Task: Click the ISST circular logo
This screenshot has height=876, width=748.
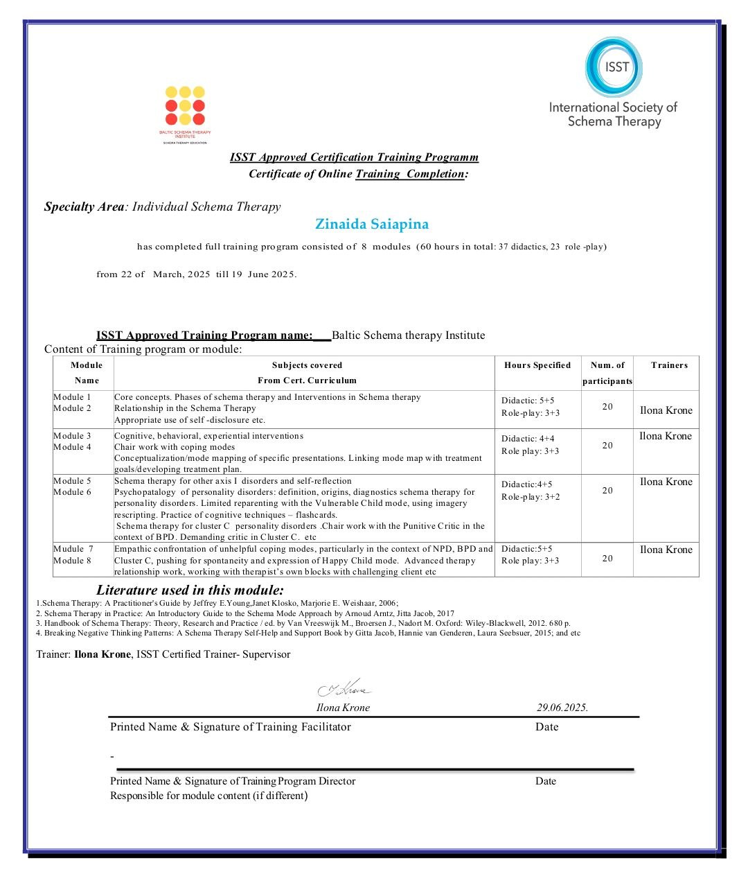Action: pyautogui.click(x=614, y=67)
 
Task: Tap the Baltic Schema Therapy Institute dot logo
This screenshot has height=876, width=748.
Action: pyautogui.click(x=185, y=105)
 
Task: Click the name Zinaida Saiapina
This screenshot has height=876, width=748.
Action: pyautogui.click(x=372, y=225)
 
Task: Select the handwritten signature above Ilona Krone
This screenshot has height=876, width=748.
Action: pyautogui.click(x=344, y=689)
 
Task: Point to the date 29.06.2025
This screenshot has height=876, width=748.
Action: pyautogui.click(x=562, y=708)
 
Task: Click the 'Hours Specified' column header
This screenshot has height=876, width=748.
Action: pyautogui.click(x=537, y=365)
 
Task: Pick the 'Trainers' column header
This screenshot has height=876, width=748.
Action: pyautogui.click(x=669, y=365)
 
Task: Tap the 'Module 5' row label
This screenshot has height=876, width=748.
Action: pyautogui.click(x=72, y=481)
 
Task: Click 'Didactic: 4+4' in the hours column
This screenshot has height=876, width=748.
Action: pyautogui.click(x=528, y=439)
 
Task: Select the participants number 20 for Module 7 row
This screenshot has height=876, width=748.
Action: pyautogui.click(x=607, y=559)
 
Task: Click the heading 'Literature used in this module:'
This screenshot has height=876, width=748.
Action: pyautogui.click(x=190, y=590)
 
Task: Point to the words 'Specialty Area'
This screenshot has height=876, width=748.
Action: pyautogui.click(x=84, y=207)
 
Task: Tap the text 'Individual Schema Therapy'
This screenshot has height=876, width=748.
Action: pyautogui.click(x=206, y=207)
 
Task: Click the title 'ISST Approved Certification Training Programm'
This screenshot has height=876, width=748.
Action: pyautogui.click(x=354, y=157)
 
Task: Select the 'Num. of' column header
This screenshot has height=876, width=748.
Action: pyautogui.click(x=607, y=365)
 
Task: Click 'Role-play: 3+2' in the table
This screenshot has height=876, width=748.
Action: pyautogui.click(x=531, y=497)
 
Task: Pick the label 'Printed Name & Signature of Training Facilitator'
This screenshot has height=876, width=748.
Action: pyautogui.click(x=231, y=727)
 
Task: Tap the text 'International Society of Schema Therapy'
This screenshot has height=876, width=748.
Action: pyautogui.click(x=614, y=114)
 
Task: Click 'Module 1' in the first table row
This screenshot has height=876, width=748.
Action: pyautogui.click(x=72, y=397)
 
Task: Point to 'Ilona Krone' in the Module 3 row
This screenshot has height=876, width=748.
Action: pyautogui.click(x=666, y=436)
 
